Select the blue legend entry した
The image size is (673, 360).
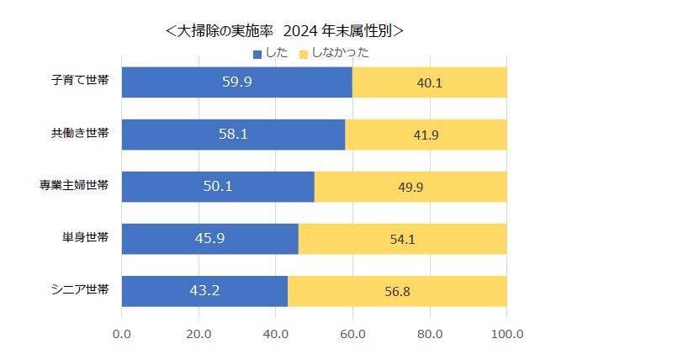[x=270, y=52]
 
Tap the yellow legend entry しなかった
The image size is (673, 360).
[x=332, y=52]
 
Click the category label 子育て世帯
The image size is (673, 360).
[x=80, y=82]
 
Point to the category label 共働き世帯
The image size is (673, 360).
[x=80, y=135]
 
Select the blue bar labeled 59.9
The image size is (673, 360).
[x=236, y=82]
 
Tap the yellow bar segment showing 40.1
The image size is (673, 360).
[x=430, y=82]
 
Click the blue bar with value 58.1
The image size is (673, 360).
[x=233, y=135]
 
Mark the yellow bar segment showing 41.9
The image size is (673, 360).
[x=426, y=135]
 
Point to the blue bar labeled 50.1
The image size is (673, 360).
[x=218, y=187]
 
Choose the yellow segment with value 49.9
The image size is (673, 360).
[x=411, y=187]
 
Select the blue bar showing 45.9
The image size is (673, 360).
[x=209, y=239]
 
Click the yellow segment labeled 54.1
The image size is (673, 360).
[x=402, y=239]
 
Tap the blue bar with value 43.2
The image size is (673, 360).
[x=204, y=291]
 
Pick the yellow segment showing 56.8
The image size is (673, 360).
[x=397, y=291]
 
